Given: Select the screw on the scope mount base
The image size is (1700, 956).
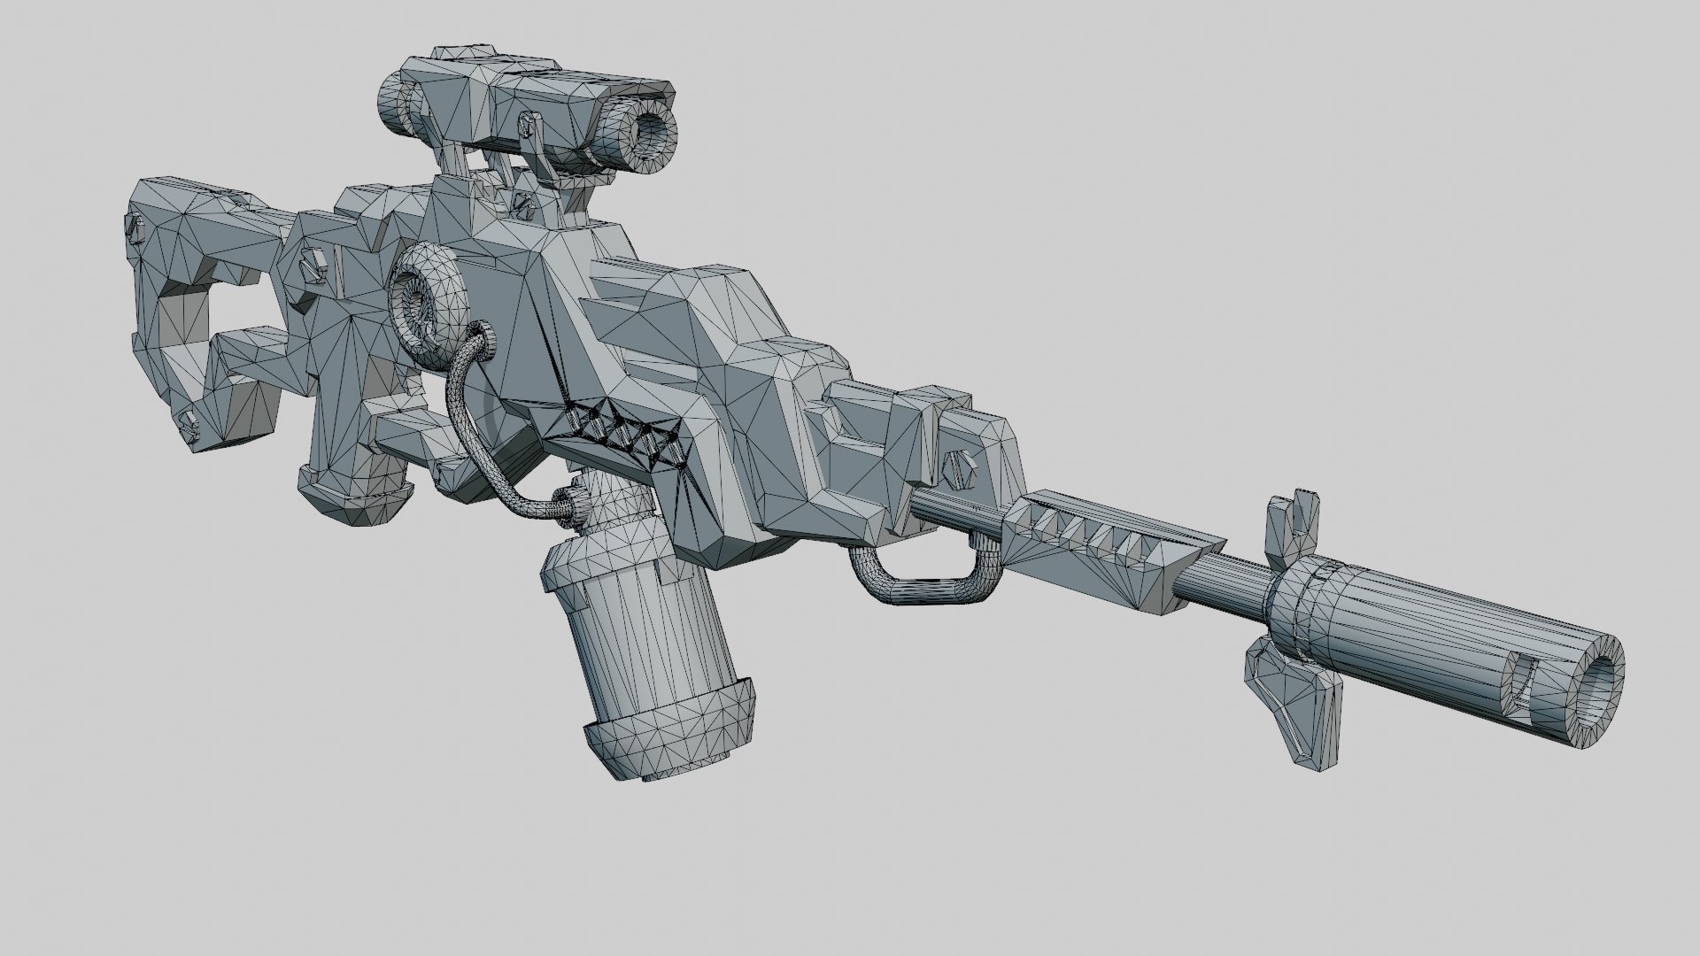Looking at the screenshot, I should pos(525,205).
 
